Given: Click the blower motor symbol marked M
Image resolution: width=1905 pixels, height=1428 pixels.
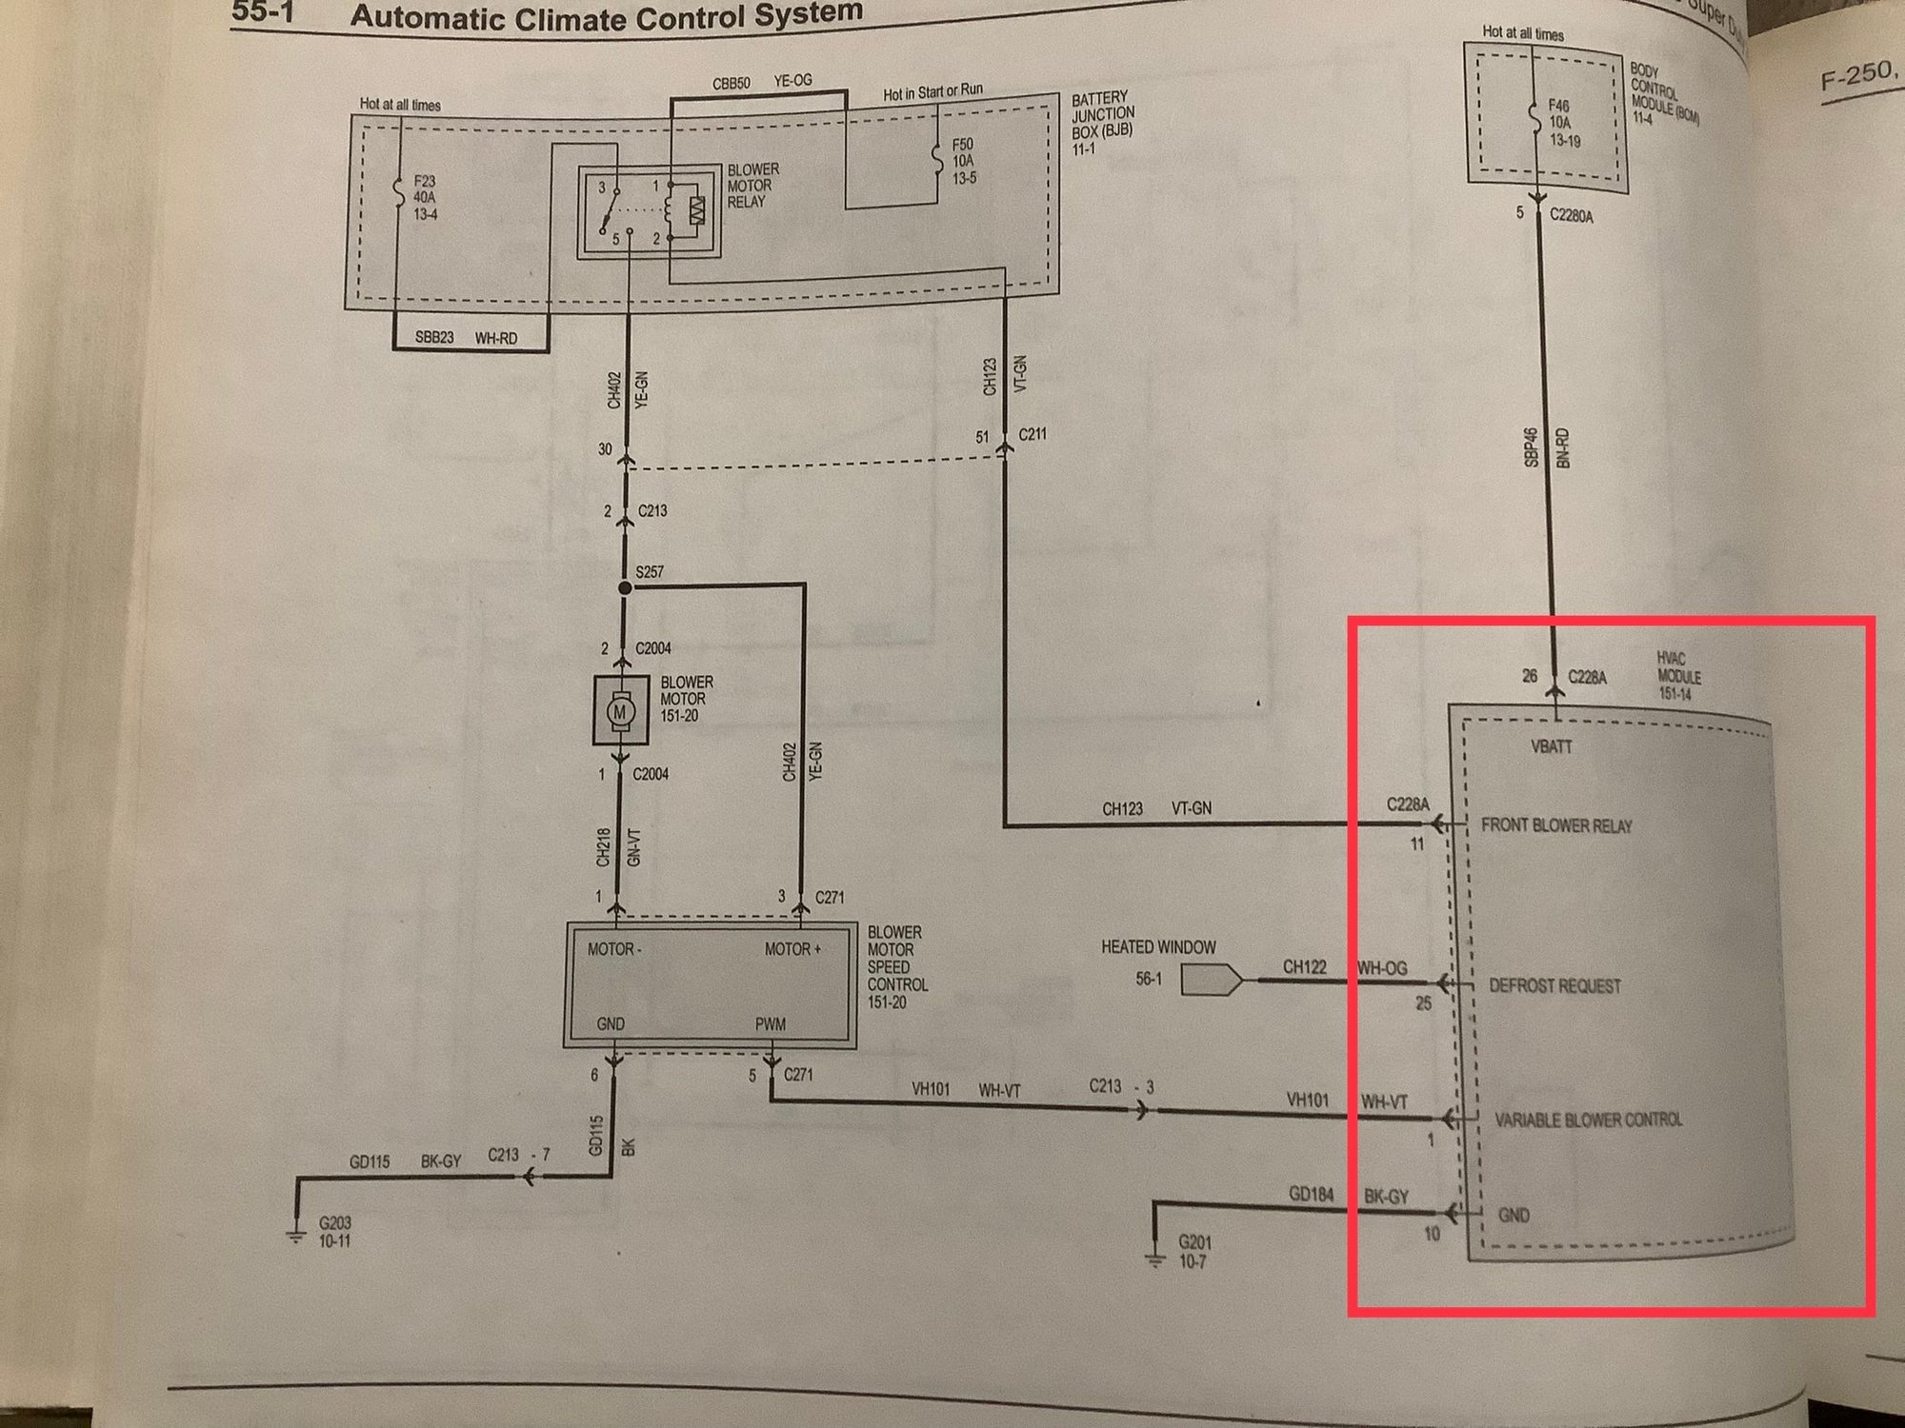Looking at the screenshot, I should pyautogui.click(x=620, y=710).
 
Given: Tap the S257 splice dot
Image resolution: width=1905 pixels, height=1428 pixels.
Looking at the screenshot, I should pyautogui.click(x=625, y=588).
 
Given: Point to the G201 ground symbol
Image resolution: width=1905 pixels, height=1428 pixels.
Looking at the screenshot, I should pyautogui.click(x=1154, y=1258).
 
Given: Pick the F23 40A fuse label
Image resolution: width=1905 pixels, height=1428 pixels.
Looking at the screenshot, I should pyautogui.click(x=425, y=197).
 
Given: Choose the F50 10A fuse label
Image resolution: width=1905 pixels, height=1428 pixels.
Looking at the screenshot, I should pyautogui.click(x=963, y=161).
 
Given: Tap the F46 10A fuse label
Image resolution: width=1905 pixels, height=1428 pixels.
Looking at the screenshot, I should pyautogui.click(x=1561, y=123).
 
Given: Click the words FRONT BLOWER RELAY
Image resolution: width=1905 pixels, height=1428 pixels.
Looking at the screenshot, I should pyautogui.click(x=1555, y=825).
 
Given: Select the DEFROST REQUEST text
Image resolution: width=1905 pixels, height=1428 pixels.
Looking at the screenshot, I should pyautogui.click(x=1554, y=986).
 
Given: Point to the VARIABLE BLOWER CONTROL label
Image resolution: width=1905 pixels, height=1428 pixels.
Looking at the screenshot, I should pyautogui.click(x=1588, y=1120).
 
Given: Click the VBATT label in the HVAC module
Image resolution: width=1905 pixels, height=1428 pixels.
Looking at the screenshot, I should pyautogui.click(x=1551, y=747).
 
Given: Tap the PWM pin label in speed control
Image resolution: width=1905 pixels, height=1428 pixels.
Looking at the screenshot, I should pyautogui.click(x=770, y=1024).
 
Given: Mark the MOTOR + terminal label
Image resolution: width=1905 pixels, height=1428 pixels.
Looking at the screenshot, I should pyautogui.click(x=792, y=949).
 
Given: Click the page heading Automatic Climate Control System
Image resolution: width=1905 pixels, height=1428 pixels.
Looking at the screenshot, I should pyautogui.click(x=606, y=16).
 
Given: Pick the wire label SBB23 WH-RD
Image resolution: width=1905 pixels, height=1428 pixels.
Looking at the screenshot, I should pyautogui.click(x=466, y=338).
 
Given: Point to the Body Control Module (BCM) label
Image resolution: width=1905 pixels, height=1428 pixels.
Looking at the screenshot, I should pyautogui.click(x=1661, y=94).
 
